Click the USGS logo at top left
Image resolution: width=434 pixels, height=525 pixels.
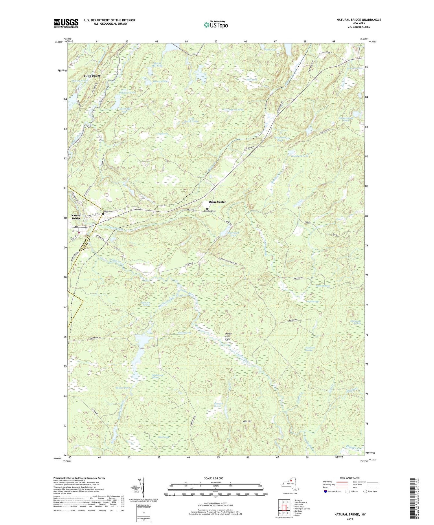click(66, 23)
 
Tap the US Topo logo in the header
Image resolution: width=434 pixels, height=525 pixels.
click(216, 25)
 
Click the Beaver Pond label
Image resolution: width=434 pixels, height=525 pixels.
click(123, 387)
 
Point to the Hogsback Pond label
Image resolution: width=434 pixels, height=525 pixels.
click(299, 156)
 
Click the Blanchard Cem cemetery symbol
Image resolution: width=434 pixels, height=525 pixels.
click(207, 209)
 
